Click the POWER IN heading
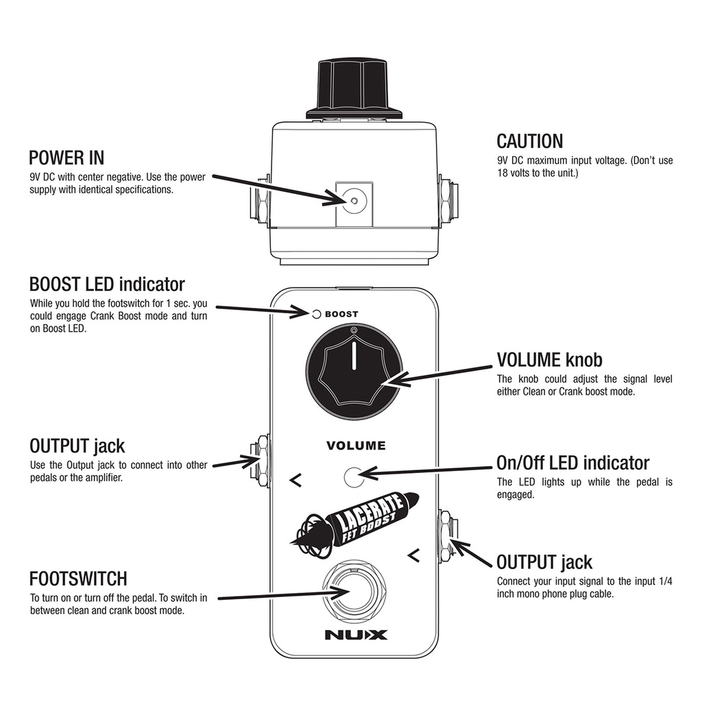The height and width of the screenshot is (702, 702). click(66, 158)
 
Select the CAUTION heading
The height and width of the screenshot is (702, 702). click(530, 141)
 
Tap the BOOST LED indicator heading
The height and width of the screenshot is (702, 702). click(107, 285)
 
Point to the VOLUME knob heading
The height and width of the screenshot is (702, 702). click(549, 359)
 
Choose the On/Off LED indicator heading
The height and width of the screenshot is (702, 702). click(573, 463)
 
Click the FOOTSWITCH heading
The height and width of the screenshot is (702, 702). click(78, 579)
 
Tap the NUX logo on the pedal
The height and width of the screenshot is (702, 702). click(356, 634)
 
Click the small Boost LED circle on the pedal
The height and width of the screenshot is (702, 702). click(317, 314)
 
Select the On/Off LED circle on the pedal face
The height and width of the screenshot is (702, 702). click(354, 477)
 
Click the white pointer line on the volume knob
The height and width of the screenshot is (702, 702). click(354, 356)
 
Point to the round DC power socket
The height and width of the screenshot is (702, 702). click(354, 201)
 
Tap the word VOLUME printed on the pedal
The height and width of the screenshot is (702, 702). click(356, 446)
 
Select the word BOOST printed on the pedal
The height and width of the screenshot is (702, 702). click(341, 314)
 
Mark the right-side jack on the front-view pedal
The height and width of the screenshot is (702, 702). click(447, 537)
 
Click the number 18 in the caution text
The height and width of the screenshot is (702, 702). click(503, 173)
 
